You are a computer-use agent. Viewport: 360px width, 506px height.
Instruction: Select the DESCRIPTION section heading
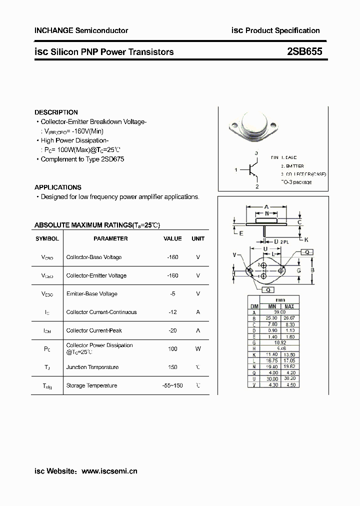(56, 112)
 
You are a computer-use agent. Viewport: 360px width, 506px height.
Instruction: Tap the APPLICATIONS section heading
(57, 187)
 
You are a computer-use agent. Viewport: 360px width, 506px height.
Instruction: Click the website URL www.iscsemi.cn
(109, 470)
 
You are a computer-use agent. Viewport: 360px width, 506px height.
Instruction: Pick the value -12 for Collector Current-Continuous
(172, 312)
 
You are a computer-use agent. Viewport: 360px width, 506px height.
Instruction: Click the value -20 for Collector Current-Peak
(172, 330)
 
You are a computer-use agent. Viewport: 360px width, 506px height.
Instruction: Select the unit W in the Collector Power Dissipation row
(198, 348)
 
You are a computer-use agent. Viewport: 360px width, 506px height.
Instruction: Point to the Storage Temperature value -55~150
(172, 385)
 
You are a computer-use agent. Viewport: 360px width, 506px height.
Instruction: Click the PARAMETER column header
(110, 238)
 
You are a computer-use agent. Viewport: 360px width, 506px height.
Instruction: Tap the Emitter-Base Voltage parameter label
(91, 294)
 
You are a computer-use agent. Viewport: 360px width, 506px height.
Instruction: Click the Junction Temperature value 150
(172, 367)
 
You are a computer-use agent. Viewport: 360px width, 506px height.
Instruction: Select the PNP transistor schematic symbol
(253, 170)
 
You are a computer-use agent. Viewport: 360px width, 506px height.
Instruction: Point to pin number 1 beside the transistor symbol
(235, 170)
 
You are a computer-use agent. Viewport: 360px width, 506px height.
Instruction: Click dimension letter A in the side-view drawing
(266, 206)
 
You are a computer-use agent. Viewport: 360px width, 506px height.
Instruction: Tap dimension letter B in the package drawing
(311, 270)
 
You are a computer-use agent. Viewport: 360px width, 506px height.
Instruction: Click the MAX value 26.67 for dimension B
(289, 317)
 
